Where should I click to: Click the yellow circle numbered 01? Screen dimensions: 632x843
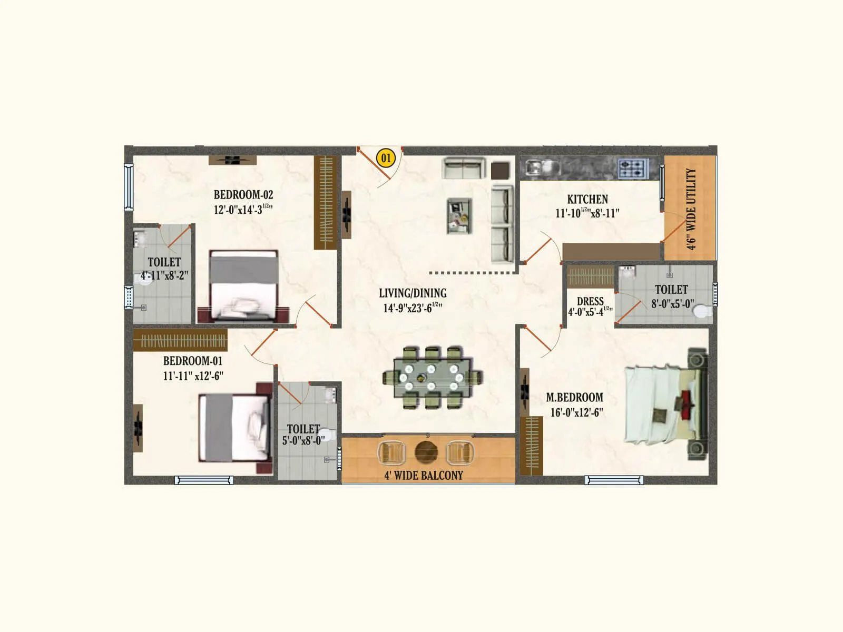[386, 158]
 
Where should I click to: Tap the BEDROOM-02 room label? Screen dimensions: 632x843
[243, 194]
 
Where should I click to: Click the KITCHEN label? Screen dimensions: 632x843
[587, 199]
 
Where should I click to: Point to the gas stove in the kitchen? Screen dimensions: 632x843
[632, 169]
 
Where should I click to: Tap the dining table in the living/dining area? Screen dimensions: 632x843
[432, 377]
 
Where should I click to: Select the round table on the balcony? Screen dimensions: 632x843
[426, 452]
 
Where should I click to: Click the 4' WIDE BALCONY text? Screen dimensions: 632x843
[424, 475]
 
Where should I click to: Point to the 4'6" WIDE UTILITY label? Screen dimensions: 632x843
[691, 209]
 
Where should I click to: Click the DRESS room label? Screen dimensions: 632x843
[590, 301]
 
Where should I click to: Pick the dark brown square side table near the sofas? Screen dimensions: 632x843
[501, 171]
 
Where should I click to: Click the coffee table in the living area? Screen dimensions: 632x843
[459, 215]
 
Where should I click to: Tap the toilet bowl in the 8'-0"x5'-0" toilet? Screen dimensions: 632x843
[701, 311]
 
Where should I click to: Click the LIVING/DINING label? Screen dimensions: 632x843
[413, 293]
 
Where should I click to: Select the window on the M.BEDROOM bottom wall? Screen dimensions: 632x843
[614, 480]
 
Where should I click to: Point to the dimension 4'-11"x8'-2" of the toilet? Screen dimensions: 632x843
[164, 275]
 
